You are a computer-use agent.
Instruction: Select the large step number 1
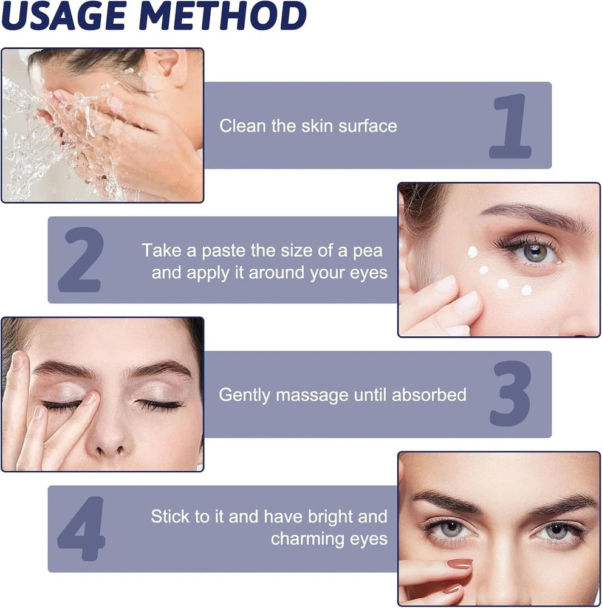(511, 126)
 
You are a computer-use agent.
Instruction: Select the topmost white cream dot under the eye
(473, 251)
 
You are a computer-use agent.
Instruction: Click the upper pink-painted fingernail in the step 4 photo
(460, 564)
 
